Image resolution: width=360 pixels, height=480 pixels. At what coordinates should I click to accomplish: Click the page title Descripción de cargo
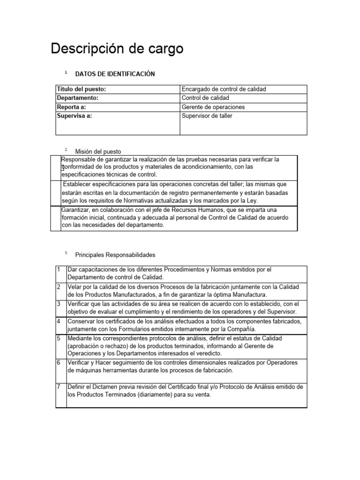click(x=117, y=49)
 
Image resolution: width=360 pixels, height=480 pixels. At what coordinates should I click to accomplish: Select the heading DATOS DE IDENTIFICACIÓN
click(x=115, y=74)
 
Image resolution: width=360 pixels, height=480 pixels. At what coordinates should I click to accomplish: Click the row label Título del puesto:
click(x=81, y=89)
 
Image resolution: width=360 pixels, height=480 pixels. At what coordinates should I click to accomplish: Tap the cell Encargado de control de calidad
click(x=224, y=89)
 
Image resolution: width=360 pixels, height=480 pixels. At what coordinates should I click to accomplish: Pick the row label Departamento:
click(x=77, y=98)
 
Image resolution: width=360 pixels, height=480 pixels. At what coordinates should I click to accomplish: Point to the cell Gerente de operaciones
click(x=213, y=107)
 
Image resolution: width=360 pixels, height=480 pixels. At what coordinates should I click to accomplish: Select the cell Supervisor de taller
click(x=207, y=116)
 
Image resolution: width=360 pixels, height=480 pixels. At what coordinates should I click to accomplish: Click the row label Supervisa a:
click(x=74, y=116)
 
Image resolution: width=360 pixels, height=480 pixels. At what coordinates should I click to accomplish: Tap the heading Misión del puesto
click(x=98, y=151)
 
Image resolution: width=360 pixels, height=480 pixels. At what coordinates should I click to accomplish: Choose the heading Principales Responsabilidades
click(x=115, y=255)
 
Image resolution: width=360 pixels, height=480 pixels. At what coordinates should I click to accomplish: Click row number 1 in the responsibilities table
click(x=58, y=270)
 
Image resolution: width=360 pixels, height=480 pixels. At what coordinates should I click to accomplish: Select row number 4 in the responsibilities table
click(x=58, y=322)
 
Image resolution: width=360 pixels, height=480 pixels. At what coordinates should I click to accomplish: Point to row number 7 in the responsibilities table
click(x=58, y=387)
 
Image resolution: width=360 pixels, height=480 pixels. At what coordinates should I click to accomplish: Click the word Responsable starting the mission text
click(x=79, y=159)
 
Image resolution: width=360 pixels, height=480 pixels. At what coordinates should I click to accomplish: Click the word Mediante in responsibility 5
click(x=80, y=338)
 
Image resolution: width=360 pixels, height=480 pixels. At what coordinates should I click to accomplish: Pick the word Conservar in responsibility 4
click(x=82, y=322)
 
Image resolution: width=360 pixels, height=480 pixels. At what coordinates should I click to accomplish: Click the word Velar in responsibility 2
click(x=75, y=286)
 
